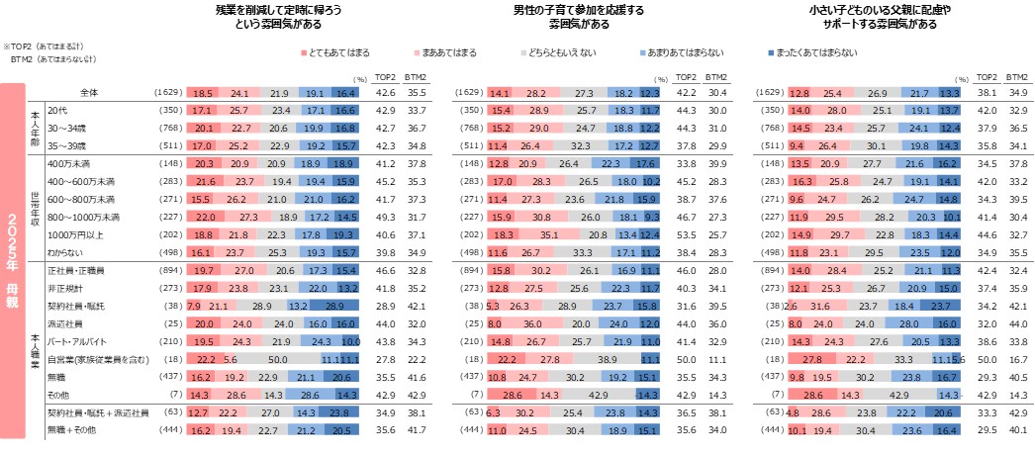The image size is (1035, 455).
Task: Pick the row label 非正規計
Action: click(65, 287)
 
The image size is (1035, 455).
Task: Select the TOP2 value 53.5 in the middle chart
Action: click(685, 233)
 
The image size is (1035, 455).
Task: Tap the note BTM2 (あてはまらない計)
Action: click(48, 59)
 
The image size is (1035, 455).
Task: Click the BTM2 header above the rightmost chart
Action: click(1015, 76)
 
